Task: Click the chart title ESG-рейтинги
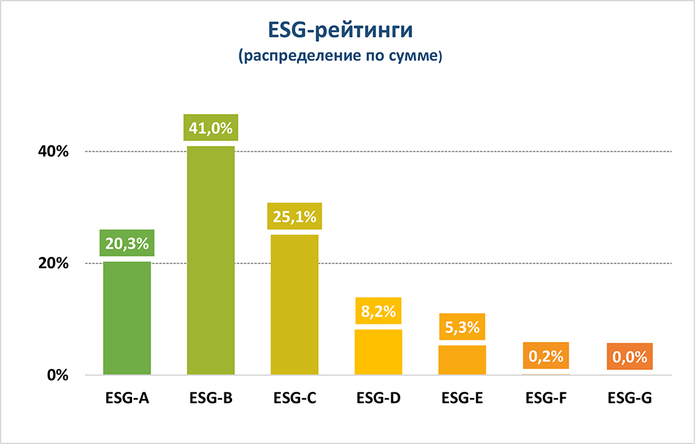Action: pos(340,32)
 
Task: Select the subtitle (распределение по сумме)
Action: pos(340,58)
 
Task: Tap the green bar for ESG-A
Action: pos(127,318)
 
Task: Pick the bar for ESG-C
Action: pos(295,305)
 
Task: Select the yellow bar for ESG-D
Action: pos(379,352)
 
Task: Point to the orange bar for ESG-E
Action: pos(462,360)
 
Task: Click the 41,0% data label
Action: pos(211,128)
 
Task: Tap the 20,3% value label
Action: pos(127,243)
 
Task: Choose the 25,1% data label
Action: pos(295,215)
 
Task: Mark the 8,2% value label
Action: pos(379,310)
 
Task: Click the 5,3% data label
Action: pos(462,327)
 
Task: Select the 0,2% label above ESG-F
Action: pos(546,356)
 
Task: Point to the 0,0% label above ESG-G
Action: pos(630,357)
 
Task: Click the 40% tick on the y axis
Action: pos(53,151)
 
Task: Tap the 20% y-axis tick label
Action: pos(53,263)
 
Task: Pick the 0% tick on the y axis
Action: pos(57,375)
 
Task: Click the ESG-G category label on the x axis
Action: pos(630,399)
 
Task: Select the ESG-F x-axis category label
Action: pos(546,399)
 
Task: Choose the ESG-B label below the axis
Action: pos(211,399)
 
